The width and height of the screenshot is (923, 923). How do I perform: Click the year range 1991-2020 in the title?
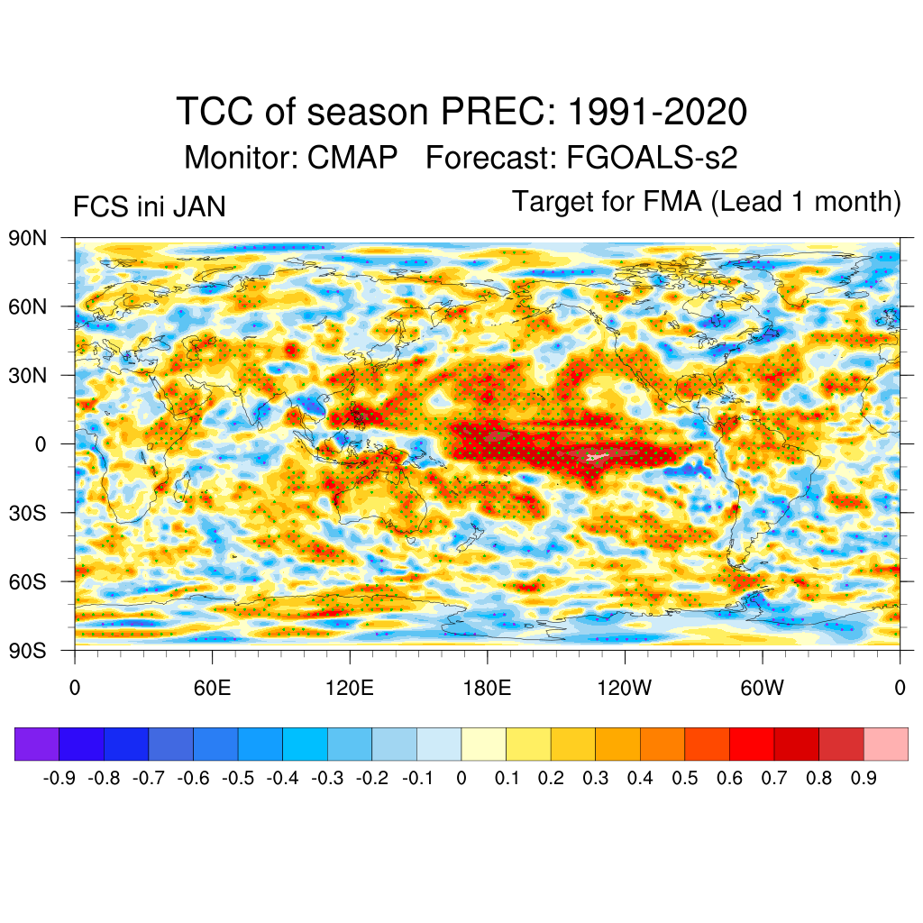pos(657,113)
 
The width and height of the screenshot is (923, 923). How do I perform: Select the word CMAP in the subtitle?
pos(352,158)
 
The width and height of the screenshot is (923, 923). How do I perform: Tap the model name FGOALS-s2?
pos(652,158)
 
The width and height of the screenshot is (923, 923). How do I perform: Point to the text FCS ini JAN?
pos(149,207)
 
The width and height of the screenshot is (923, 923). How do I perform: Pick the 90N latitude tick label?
pos(28,238)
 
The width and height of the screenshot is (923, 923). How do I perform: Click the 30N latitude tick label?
pos(28,375)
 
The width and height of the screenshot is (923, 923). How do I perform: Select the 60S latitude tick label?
pos(28,581)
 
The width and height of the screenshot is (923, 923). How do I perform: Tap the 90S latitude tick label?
pos(28,650)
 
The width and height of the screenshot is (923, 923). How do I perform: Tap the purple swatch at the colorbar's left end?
pos(37,745)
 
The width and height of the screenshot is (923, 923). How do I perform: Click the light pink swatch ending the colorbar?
pos(885,745)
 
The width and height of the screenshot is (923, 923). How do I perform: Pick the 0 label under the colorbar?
pos(461,778)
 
